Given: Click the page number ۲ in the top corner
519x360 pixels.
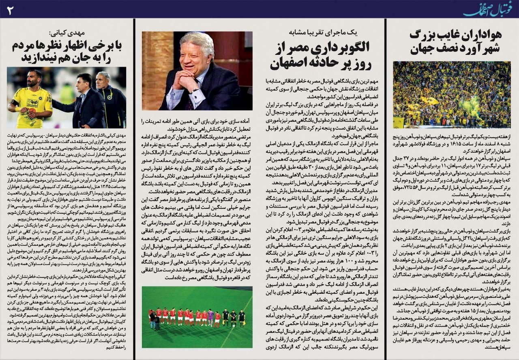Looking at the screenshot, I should point(10,10).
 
